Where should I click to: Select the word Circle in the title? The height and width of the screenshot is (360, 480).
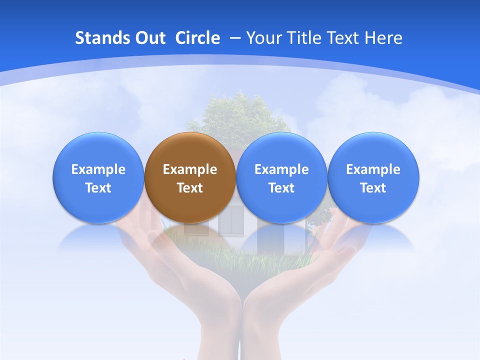pyautogui.click(x=197, y=38)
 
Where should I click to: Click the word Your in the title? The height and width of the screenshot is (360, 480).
pyautogui.click(x=263, y=38)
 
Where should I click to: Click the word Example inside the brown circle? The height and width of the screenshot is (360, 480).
pyautogui.click(x=190, y=169)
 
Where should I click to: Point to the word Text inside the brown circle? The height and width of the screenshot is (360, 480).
pyautogui.click(x=190, y=188)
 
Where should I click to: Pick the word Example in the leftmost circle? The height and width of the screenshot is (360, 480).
pyautogui.click(x=98, y=169)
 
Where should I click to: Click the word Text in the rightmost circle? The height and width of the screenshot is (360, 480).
pyautogui.click(x=373, y=188)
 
